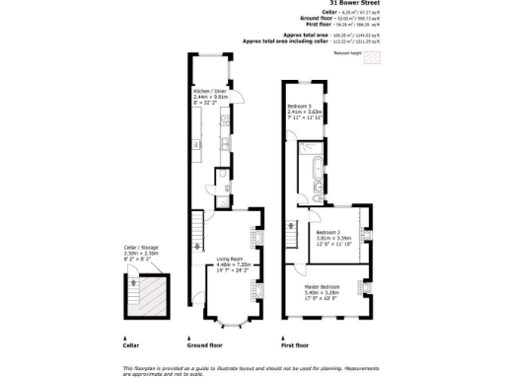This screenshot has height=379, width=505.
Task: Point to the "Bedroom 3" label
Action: pyautogui.click(x=299, y=106)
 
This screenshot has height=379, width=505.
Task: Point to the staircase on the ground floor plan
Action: pyautogui.click(x=196, y=235)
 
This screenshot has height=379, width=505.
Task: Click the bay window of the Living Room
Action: pyautogui.click(x=233, y=320)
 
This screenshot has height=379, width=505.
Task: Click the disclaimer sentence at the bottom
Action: pyautogui.click(x=252, y=368)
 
